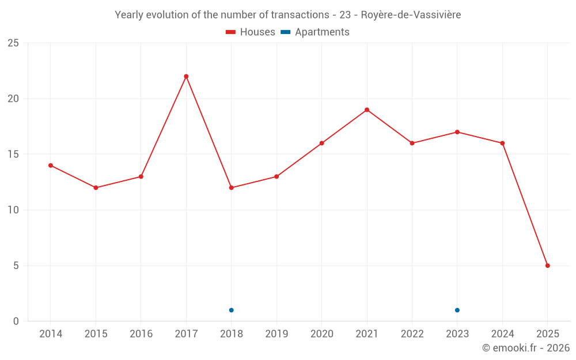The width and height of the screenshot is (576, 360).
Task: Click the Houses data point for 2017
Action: point(186,77)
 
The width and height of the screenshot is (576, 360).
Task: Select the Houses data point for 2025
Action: point(547,266)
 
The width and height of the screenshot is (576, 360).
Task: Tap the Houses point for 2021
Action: point(367,110)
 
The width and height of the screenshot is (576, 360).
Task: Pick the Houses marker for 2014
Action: point(51,165)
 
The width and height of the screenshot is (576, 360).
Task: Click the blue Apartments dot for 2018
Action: point(231,310)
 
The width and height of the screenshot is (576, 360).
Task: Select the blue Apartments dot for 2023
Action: point(457,310)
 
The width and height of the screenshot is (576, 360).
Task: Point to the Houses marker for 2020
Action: point(321,143)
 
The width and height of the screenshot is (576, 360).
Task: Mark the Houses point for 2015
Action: point(96,188)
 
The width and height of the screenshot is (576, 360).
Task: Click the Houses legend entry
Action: point(251,32)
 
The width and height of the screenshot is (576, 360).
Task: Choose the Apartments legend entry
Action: point(315,32)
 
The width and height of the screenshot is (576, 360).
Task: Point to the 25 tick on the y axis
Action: point(13,43)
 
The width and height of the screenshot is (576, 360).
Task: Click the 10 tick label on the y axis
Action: point(13,210)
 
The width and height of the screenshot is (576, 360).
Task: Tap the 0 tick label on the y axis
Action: point(16,321)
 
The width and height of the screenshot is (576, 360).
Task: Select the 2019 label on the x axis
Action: point(276,334)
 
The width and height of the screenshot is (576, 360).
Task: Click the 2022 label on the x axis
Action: point(412,334)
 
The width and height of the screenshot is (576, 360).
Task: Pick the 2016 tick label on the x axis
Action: point(141,334)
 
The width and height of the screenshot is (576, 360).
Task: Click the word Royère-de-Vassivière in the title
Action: point(411,15)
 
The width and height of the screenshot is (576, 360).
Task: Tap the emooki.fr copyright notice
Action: point(525,348)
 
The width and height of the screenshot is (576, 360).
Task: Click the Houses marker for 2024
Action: point(502,143)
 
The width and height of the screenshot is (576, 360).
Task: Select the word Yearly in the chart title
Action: point(128,15)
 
